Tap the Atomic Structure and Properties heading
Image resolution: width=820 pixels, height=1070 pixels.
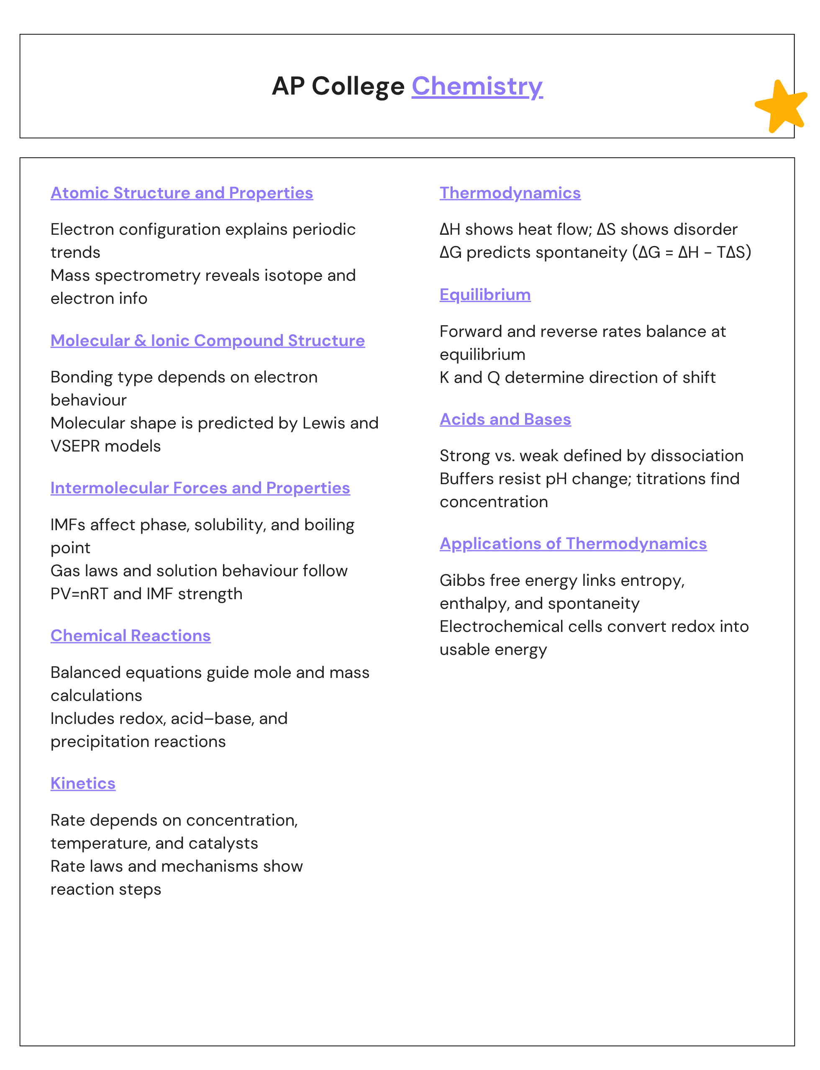182,193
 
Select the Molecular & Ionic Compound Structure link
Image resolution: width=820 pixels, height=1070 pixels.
208,340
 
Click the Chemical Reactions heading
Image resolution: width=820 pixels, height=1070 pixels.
131,636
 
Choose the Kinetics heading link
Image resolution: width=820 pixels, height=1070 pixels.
83,783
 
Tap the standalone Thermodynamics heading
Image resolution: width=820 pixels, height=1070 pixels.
510,193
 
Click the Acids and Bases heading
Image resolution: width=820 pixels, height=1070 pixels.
505,419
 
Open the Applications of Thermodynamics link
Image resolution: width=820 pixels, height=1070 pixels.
573,543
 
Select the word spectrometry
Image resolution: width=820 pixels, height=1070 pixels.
147,276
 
